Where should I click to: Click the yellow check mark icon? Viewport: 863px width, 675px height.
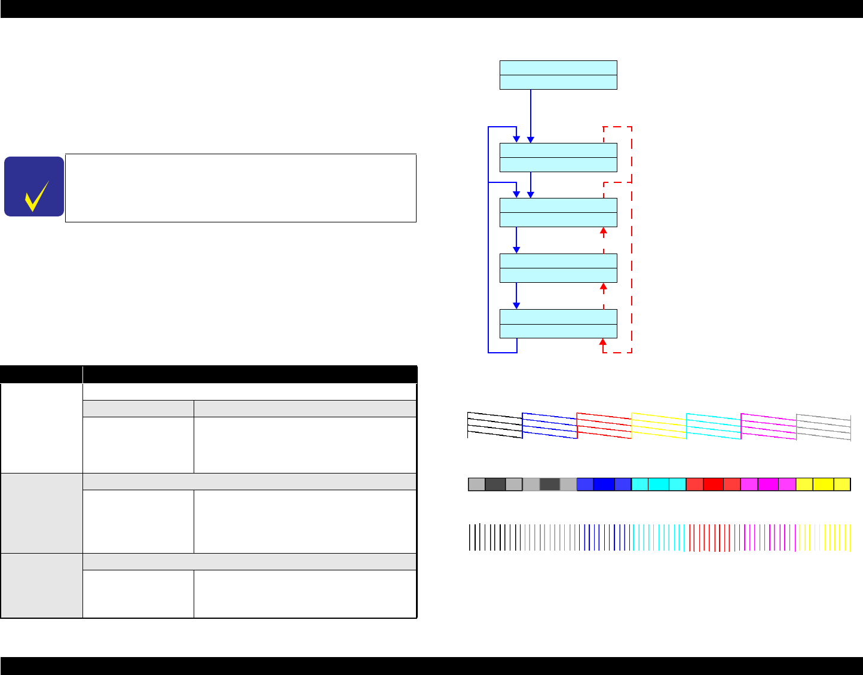pos(35,196)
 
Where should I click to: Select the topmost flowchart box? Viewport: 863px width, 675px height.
pos(558,75)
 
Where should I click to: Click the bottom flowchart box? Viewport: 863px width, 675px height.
pos(558,323)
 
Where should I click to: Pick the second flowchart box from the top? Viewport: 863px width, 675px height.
pos(558,158)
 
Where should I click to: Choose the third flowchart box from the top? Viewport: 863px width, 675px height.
pos(558,212)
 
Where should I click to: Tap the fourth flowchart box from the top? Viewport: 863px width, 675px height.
pos(558,268)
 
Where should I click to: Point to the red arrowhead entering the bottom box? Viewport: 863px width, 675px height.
pos(603,343)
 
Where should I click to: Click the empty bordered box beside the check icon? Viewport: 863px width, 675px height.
pos(240,188)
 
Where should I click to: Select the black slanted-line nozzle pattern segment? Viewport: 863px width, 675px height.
pos(495,425)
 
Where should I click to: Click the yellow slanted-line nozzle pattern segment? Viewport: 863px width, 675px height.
pos(659,426)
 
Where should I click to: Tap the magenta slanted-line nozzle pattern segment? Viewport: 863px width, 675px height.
pos(768,426)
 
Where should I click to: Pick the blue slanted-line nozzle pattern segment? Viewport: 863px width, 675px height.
pos(549,426)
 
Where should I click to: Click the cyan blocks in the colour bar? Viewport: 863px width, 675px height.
pos(659,484)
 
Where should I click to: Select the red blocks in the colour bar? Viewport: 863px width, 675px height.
pos(713,484)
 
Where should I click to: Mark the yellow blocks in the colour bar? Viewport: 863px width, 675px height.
pos(823,484)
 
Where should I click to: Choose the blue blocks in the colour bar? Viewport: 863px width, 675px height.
pos(604,484)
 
